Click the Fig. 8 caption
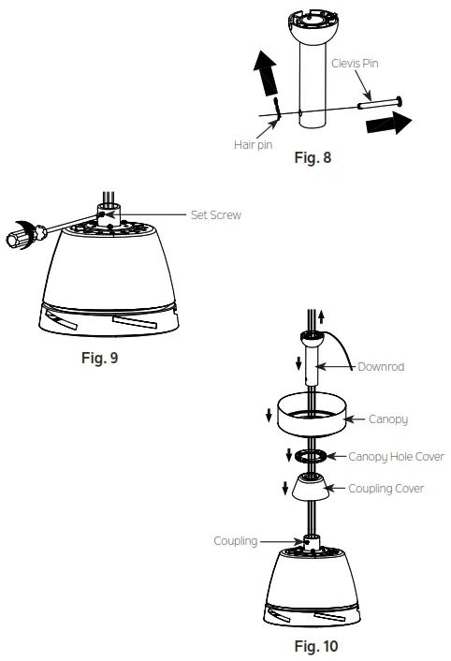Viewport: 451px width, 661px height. coord(313,157)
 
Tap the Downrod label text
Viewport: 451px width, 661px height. coord(381,367)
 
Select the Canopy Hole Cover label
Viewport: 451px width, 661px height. coord(396,457)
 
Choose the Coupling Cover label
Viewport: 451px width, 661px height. coord(386,489)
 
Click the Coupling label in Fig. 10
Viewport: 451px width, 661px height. coord(235,541)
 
